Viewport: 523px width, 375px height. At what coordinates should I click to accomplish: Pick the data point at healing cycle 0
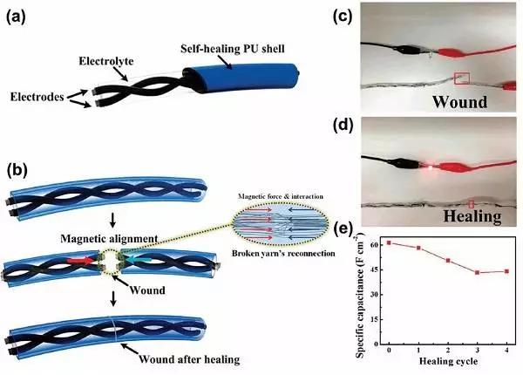pos(388,242)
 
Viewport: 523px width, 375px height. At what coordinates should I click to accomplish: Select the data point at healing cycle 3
pos(477,273)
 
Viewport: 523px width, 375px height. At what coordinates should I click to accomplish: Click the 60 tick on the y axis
pos(377,243)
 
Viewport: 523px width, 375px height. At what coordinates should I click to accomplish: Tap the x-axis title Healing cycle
pos(446,360)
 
